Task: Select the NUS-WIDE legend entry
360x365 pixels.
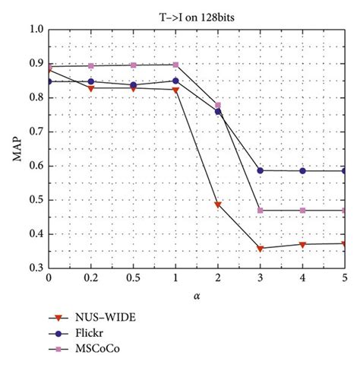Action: tap(99, 316)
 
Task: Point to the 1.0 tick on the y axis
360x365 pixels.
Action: tap(35, 30)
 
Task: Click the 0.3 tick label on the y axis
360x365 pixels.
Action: tap(35, 268)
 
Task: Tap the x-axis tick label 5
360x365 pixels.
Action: tap(345, 279)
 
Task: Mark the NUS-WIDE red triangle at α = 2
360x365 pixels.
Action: tap(218, 205)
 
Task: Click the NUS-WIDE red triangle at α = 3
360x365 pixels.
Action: tap(261, 249)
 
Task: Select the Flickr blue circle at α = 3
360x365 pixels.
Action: tap(261, 170)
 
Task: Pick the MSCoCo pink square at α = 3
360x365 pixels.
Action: tap(261, 210)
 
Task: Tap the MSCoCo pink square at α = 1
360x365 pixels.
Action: tap(175, 65)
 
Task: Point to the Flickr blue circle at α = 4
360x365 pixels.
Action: tap(303, 171)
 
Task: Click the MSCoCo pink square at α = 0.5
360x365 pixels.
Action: tap(134, 65)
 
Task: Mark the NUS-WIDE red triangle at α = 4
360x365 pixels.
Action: tap(303, 245)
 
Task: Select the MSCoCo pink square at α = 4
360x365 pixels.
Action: tap(303, 210)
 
